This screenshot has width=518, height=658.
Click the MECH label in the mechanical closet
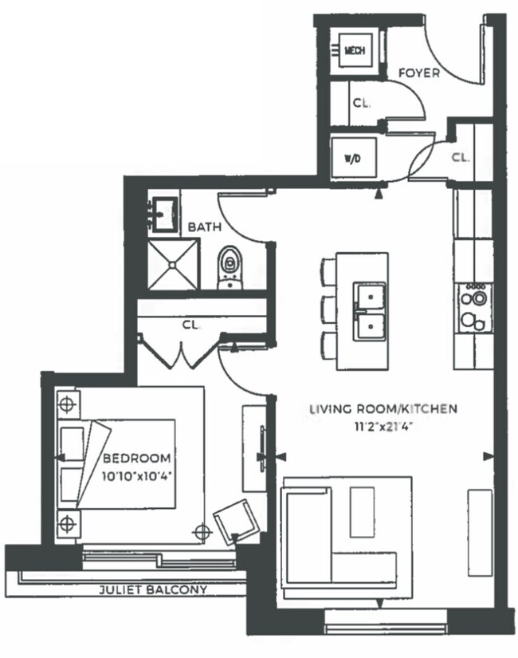click(355, 50)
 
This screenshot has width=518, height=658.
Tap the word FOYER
click(419, 73)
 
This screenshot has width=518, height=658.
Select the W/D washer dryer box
click(354, 158)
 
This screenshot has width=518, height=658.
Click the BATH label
click(204, 227)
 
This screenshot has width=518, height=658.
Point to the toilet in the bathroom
click(230, 268)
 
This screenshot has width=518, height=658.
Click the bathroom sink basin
click(165, 215)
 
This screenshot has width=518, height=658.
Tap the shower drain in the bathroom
click(172, 264)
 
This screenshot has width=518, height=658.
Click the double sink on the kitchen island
click(370, 311)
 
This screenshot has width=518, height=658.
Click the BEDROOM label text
click(137, 458)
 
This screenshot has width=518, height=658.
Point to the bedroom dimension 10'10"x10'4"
click(137, 476)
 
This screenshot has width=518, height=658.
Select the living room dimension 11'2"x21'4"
click(384, 428)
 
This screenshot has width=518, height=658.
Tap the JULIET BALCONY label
click(153, 589)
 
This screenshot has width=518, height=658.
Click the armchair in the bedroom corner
click(236, 522)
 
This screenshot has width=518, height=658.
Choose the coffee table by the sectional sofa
click(363, 512)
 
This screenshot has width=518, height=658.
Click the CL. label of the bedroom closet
click(191, 325)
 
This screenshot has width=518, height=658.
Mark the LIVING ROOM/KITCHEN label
click(383, 408)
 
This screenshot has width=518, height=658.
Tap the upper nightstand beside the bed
click(68, 404)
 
